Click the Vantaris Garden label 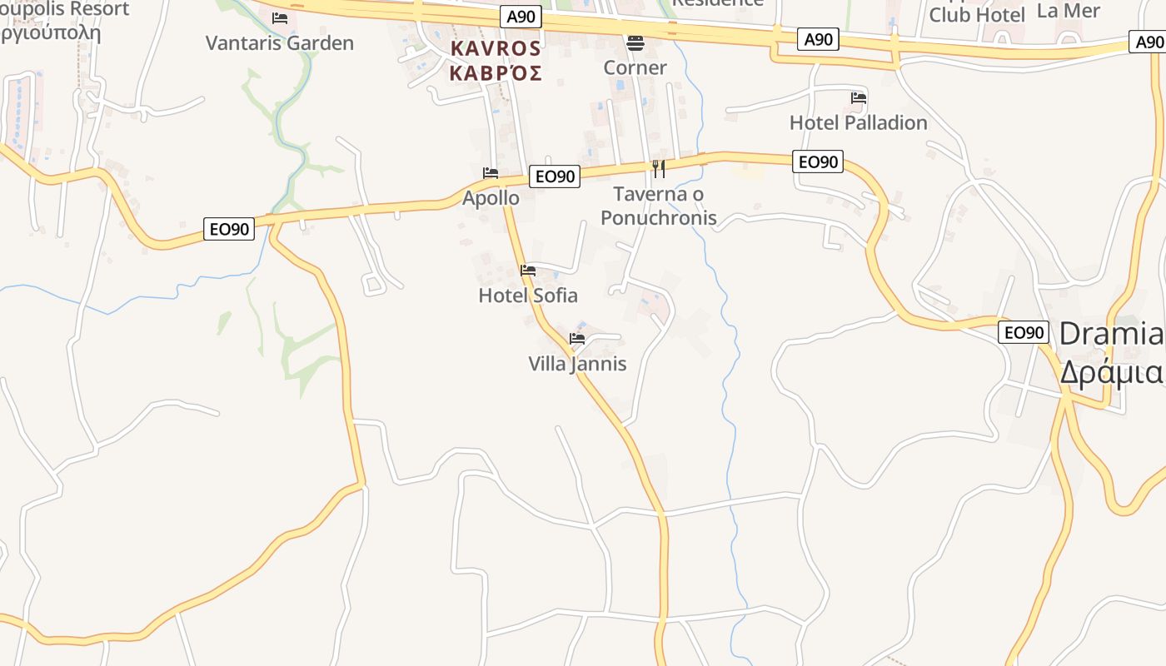pyautogui.click(x=280, y=43)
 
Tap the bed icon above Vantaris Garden pyautogui.click(x=280, y=17)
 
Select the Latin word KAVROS pyautogui.click(x=496, y=48)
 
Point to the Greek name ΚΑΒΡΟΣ pyautogui.click(x=496, y=72)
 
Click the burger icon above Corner pyautogui.click(x=635, y=42)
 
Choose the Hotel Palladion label pyautogui.click(x=858, y=122)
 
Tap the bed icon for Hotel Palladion pyautogui.click(x=859, y=97)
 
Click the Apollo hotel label pyautogui.click(x=491, y=198)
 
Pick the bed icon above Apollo pyautogui.click(x=491, y=172)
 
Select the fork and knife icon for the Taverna pyautogui.click(x=659, y=169)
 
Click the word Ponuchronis pyautogui.click(x=659, y=218)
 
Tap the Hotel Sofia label pyautogui.click(x=528, y=296)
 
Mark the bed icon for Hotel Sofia pyautogui.click(x=528, y=270)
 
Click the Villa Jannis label pyautogui.click(x=577, y=364)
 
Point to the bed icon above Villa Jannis pyautogui.click(x=577, y=339)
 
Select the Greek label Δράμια pyautogui.click(x=1111, y=371)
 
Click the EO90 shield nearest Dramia pyautogui.click(x=1023, y=332)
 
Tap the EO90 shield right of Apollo pyautogui.click(x=555, y=176)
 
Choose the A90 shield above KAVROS pyautogui.click(x=522, y=17)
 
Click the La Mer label pyautogui.click(x=1069, y=11)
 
